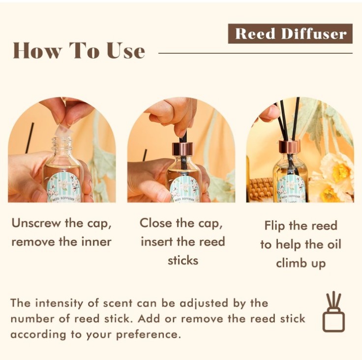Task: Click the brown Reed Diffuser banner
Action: [290, 33]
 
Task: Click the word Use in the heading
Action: [126, 51]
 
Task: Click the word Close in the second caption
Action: [156, 224]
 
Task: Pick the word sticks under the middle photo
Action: [183, 261]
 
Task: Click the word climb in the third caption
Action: [290, 263]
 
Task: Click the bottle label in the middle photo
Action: [184, 189]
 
